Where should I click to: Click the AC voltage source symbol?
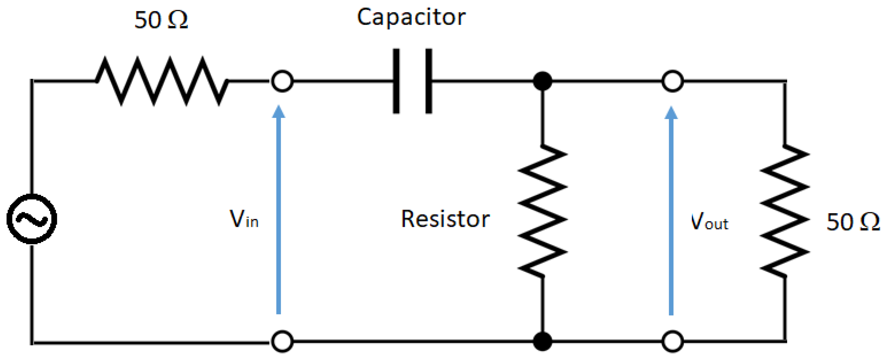tap(32, 219)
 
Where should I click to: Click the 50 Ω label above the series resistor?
tap(161, 20)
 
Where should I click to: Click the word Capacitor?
tap(411, 17)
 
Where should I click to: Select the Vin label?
tap(244, 219)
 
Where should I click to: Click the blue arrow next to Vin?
tap(278, 210)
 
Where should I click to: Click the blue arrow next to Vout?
tap(671, 210)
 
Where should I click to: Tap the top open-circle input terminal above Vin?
tap(282, 81)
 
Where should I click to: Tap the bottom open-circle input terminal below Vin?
tap(282, 341)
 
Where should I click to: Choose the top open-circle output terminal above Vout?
tap(673, 81)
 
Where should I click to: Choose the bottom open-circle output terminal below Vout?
tap(673, 341)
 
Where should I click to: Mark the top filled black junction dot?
tap(542, 81)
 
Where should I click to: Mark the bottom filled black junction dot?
tap(542, 341)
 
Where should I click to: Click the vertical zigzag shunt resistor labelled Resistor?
tap(542, 211)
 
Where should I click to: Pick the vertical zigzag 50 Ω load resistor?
tap(785, 211)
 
